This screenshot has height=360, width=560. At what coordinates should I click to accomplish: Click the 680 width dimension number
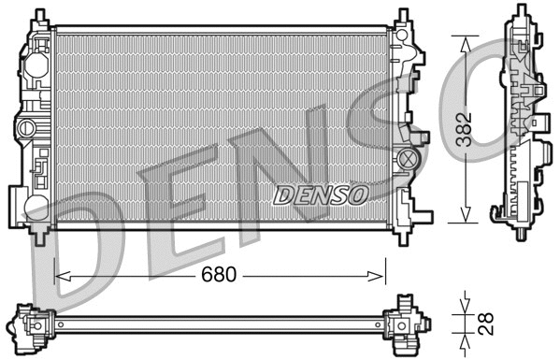(218, 276)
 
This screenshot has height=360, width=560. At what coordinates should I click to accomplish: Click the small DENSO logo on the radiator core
(322, 194)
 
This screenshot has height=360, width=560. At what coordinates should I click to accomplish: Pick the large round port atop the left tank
(36, 67)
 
